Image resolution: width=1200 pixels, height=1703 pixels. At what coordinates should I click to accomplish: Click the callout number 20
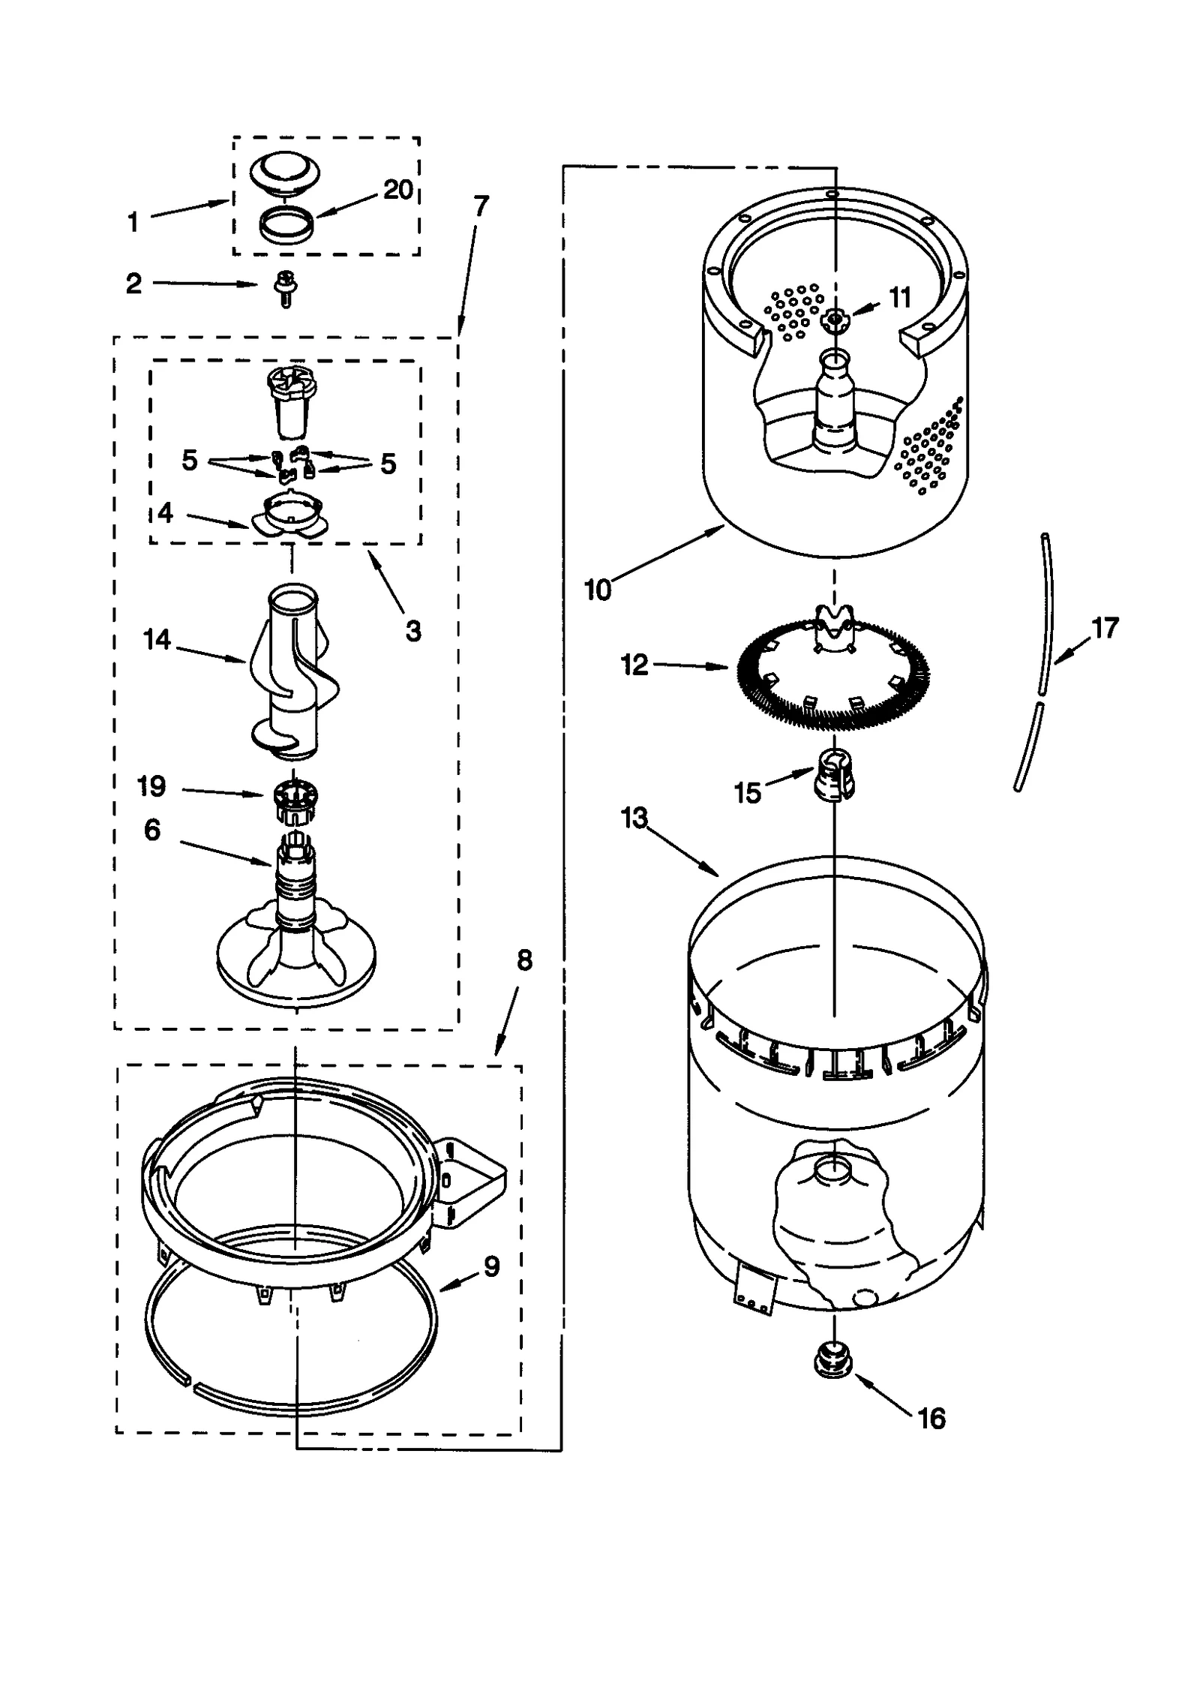coord(398,190)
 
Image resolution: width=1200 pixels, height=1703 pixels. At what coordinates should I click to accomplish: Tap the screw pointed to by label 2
coord(286,288)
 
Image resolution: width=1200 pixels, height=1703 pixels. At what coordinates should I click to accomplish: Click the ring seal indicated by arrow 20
coord(285,225)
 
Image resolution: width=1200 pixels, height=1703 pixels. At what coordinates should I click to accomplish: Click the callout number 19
coord(151,786)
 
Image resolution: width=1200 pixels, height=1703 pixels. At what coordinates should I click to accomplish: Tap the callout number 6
coord(152,830)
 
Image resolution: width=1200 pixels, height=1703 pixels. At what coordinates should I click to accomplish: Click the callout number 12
coord(634,665)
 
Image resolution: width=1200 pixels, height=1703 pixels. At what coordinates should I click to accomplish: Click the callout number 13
coord(634,818)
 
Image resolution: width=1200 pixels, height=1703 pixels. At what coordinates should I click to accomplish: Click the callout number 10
coord(598,590)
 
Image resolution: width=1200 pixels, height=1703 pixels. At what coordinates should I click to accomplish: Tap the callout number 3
coord(413,631)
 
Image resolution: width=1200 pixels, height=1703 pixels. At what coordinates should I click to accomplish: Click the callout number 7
coord(481,206)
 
